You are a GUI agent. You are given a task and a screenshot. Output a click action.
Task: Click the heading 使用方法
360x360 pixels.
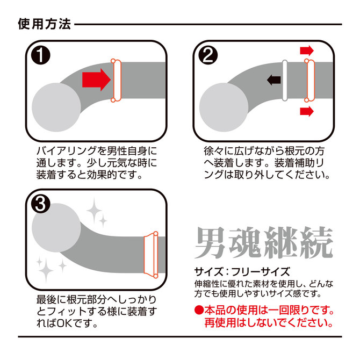coord(44,24)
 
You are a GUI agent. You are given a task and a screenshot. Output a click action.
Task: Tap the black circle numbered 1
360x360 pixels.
coord(41,55)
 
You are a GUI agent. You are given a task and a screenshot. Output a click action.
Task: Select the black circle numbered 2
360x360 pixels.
coord(208,55)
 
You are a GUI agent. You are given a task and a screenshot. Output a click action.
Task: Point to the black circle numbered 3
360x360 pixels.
coord(41,204)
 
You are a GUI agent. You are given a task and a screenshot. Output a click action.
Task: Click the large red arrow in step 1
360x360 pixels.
coord(96,80)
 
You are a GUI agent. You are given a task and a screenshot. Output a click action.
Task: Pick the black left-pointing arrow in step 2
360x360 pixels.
coord(274,80)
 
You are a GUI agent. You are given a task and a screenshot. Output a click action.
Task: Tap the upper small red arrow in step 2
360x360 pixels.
coord(307,51)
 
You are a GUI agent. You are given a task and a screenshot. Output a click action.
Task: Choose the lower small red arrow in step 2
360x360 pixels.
coord(307,111)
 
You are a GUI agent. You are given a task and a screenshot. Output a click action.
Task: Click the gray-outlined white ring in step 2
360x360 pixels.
coord(285,81)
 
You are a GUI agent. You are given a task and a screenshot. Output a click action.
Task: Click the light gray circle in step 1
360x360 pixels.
coord(56,107)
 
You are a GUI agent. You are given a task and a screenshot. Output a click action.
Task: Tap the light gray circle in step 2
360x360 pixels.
coord(224,107)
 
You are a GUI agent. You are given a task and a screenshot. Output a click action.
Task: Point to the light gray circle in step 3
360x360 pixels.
coord(56,228)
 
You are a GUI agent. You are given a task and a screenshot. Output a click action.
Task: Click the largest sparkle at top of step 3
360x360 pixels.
coord(94,211)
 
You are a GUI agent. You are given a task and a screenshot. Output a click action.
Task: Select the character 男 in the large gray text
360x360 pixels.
coord(210,243)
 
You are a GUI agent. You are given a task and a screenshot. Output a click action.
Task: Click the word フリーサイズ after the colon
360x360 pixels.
coord(261,272)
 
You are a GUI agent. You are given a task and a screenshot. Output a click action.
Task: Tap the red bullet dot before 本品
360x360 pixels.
coord(199,311)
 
